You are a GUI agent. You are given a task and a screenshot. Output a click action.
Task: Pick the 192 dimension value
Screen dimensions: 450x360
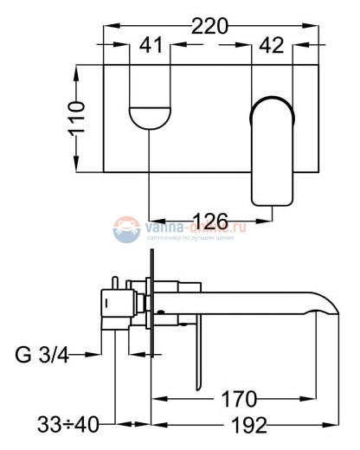pyautogui.click(x=246, y=425)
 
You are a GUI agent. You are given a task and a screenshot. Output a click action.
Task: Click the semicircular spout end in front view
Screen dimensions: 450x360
pyautogui.click(x=150, y=116)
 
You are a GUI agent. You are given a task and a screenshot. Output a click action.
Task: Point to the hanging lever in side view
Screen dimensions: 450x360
pyautogui.click(x=200, y=355)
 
